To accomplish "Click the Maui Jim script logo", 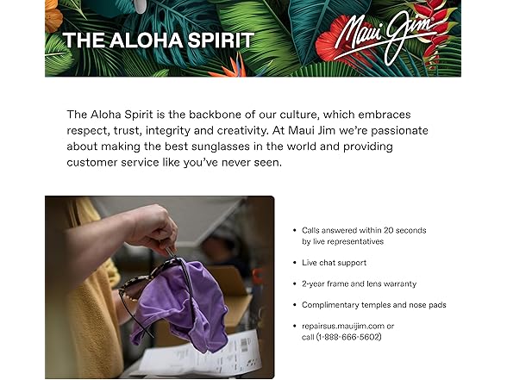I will pyautogui.click(x=385, y=39).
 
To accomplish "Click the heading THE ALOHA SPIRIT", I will pyautogui.click(x=158, y=40).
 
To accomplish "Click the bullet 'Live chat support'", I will pyautogui.click(x=334, y=263).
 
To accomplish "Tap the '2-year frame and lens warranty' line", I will pyautogui.click(x=359, y=283).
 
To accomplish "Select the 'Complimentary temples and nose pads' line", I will pyautogui.click(x=373, y=305).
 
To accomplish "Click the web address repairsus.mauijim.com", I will pyautogui.click(x=342, y=326).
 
